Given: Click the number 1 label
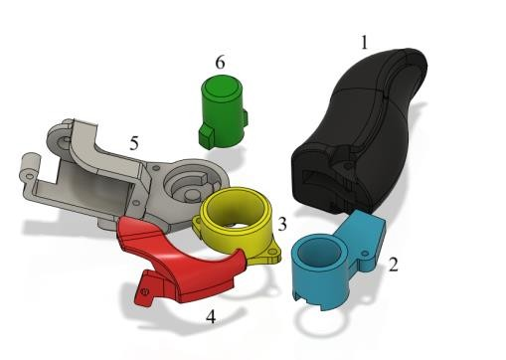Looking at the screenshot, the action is coord(364,43).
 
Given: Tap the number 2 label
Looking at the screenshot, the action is coord(393,265).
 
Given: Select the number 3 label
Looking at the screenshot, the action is coord(282,224).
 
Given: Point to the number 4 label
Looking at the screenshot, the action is coord(211,316).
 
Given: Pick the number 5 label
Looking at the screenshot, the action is coord(134,143).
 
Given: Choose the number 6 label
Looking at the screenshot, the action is coord(220,62).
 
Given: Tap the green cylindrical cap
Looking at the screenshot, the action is coord(223,111).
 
